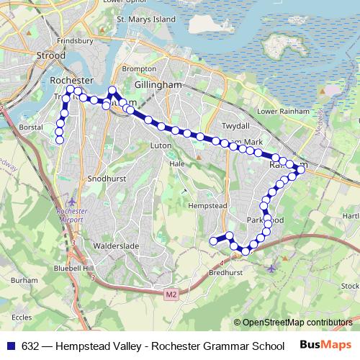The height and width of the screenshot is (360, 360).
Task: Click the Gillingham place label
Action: (163, 85)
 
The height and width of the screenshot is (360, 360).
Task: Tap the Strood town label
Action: (50, 55)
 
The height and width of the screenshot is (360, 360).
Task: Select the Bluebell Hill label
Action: (78, 268)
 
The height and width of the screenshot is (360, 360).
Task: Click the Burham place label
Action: (24, 279)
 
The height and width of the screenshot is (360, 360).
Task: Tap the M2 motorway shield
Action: (170, 294)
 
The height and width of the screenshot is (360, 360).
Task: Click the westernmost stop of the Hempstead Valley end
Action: (212, 240)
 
